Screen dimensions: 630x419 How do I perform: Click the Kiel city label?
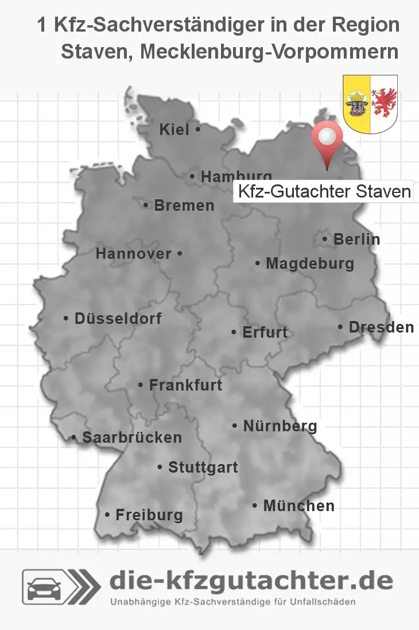174,130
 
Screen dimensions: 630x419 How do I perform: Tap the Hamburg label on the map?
236,177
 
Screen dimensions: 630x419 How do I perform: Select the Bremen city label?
184,205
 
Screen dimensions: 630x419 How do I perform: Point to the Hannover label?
134,253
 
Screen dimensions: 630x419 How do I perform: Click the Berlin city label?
356,239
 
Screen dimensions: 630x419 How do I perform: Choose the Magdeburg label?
310,264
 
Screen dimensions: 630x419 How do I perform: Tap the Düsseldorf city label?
118,318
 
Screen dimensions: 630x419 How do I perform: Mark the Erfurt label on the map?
265,332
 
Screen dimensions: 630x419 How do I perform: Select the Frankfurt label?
185,385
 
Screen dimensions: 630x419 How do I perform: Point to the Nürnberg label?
280,426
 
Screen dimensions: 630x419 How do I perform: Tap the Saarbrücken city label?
131,437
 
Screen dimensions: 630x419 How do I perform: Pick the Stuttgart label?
203,467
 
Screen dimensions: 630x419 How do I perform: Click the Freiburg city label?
149,515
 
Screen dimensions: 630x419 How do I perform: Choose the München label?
298,505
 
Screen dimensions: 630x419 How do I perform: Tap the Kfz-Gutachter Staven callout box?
323,191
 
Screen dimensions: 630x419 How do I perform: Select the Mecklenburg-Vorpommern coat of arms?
370,103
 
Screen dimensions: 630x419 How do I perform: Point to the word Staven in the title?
95,51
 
